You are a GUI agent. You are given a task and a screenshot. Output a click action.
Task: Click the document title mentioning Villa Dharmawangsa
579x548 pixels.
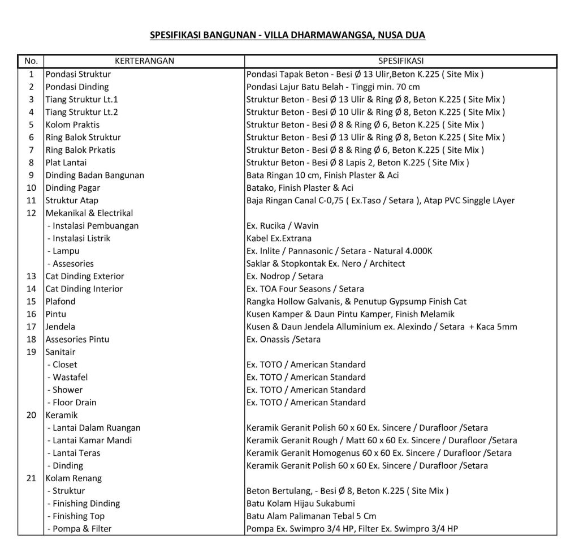[x=287, y=35]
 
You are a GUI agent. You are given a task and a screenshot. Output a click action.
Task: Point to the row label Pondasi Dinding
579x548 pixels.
[x=77, y=87]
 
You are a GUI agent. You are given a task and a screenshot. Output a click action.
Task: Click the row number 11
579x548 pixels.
[x=32, y=200]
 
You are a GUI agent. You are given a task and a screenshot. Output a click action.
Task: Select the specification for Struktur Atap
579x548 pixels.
[x=381, y=200]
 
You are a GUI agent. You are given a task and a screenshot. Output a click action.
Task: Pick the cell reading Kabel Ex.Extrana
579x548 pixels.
[x=279, y=238]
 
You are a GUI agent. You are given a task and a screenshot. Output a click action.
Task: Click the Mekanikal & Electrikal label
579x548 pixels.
[x=89, y=213]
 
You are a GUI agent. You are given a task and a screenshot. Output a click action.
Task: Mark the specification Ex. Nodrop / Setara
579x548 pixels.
[x=285, y=276]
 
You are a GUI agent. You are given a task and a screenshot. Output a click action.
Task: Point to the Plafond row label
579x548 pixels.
[x=61, y=301]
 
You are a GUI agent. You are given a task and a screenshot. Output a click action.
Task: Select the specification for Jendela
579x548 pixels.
[x=382, y=327]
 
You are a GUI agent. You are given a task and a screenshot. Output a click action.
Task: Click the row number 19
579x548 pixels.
[x=32, y=352]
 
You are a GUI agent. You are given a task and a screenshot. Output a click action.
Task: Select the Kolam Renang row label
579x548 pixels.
[x=70, y=478]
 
